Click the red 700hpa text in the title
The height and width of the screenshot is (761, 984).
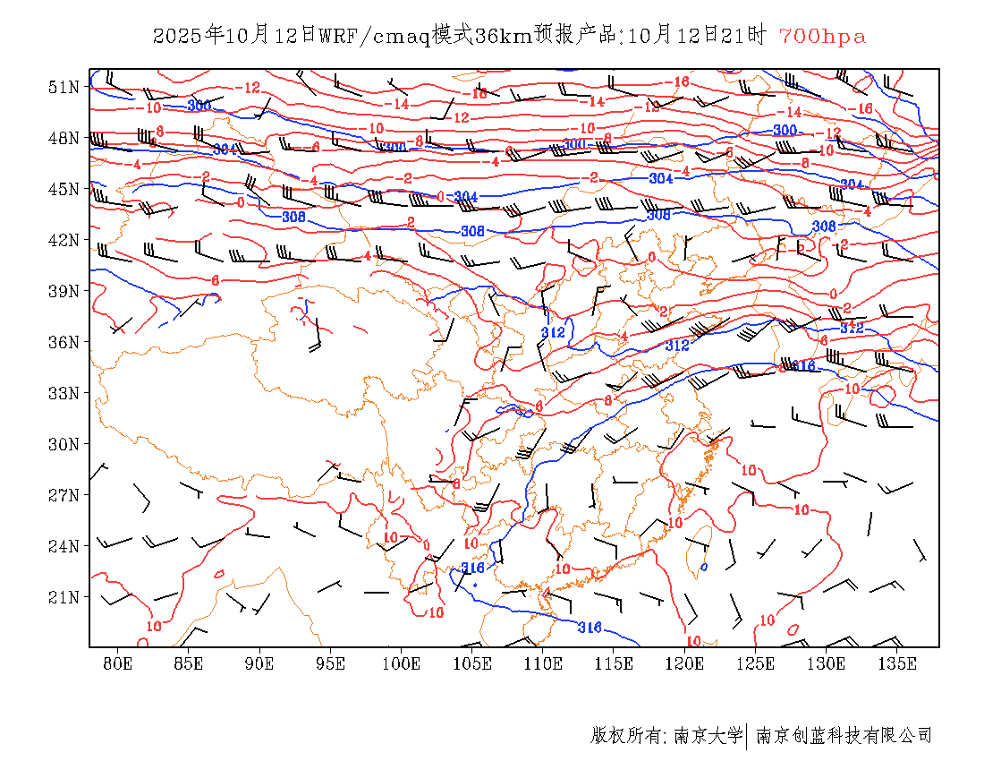pyautogui.click(x=822, y=37)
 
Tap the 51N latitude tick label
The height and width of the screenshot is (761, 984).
pyautogui.click(x=64, y=87)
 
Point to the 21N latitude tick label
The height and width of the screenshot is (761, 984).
pyautogui.click(x=64, y=597)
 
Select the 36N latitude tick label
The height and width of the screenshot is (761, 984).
pyautogui.click(x=64, y=342)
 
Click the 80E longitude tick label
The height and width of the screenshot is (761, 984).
pyautogui.click(x=118, y=663)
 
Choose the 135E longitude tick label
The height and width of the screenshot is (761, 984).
pyautogui.click(x=897, y=663)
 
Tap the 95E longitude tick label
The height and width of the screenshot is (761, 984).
pyautogui.click(x=331, y=663)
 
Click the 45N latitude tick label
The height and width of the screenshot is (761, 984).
pyautogui.click(x=64, y=189)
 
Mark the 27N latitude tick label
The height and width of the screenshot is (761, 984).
pyautogui.click(x=64, y=495)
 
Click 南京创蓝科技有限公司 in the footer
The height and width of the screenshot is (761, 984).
pyautogui.click(x=844, y=736)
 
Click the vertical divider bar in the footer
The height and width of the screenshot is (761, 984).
pyautogui.click(x=747, y=736)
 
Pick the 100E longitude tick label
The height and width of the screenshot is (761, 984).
pyautogui.click(x=402, y=663)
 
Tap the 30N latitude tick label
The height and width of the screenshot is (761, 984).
pyautogui.click(x=64, y=444)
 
